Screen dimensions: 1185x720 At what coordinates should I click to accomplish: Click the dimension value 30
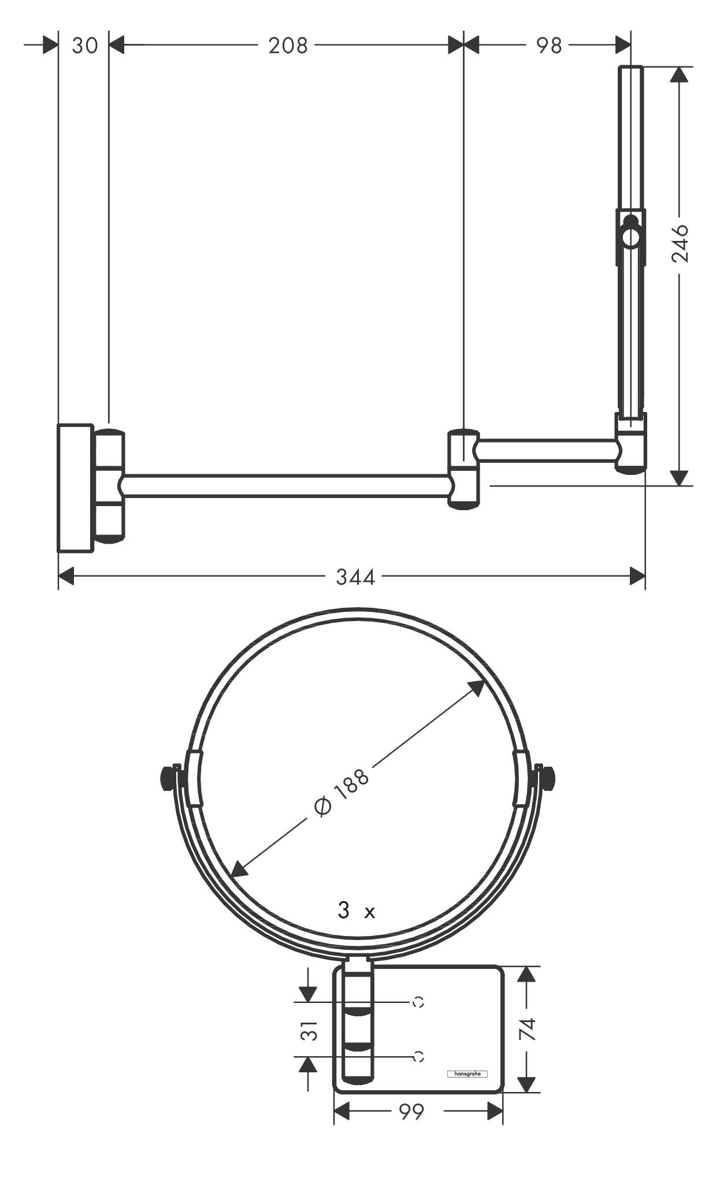coord(85,45)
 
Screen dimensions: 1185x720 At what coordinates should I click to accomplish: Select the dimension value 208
coord(288,45)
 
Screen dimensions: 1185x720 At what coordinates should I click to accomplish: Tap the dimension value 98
coord(548,45)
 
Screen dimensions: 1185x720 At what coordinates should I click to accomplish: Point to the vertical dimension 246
coord(680,243)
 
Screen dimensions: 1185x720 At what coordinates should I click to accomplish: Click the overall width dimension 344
coord(355,576)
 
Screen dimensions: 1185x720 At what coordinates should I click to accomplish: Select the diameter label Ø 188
coord(341,792)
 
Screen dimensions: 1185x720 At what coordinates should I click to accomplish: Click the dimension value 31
coord(310,1030)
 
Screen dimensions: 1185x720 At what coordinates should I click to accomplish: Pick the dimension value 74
coord(528,1029)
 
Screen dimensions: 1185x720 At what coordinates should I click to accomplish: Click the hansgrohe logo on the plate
coord(467,1074)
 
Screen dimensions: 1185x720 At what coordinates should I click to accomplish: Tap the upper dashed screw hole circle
coord(418,1002)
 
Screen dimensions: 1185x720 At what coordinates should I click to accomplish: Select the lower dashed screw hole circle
coord(418,1056)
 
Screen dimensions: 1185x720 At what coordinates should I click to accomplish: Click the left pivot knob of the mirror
coord(168,779)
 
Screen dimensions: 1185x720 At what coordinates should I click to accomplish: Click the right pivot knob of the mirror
coord(548,779)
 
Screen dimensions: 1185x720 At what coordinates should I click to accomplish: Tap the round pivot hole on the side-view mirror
coord(630,237)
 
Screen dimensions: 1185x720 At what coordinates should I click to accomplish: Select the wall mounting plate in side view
coord(75,488)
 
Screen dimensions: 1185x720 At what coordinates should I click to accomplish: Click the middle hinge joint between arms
coord(464,469)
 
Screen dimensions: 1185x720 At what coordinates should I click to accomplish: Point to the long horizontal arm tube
coord(286,486)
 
